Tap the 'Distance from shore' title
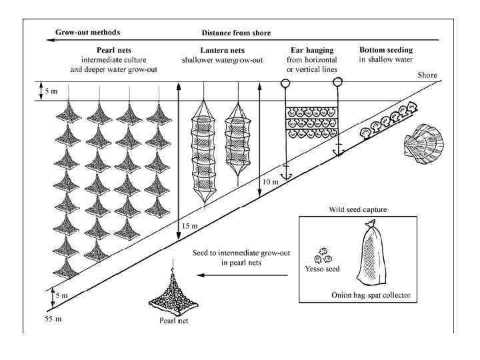click(x=235, y=32)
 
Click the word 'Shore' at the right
click(x=427, y=75)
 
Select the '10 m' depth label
click(x=271, y=182)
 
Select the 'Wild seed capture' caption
click(x=357, y=211)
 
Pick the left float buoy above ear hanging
click(x=284, y=84)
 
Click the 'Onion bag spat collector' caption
click(x=369, y=295)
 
